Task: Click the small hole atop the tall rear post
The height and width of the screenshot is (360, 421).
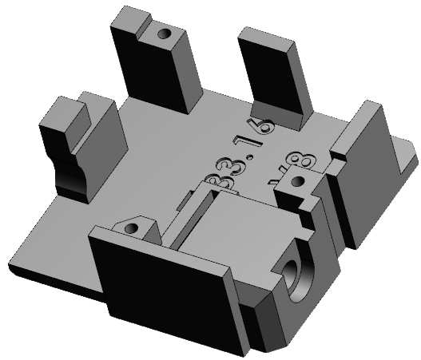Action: (x=165, y=35)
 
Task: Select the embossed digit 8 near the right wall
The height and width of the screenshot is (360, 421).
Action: (x=302, y=163)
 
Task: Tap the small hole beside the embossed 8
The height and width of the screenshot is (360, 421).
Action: (x=297, y=182)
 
